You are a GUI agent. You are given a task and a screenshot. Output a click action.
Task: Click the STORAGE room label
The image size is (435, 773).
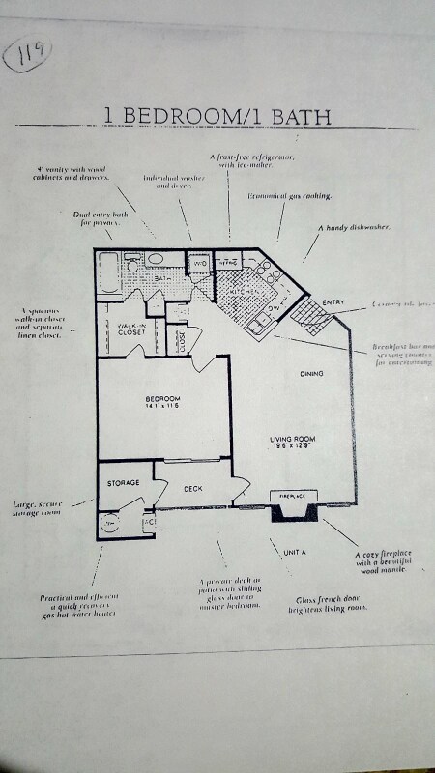(124, 482)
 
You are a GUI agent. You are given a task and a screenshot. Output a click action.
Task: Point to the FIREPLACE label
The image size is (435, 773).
(293, 496)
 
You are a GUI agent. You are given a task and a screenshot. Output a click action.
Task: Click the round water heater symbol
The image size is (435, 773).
(108, 523)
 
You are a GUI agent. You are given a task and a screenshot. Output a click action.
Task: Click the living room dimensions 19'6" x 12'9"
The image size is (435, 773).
(293, 449)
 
